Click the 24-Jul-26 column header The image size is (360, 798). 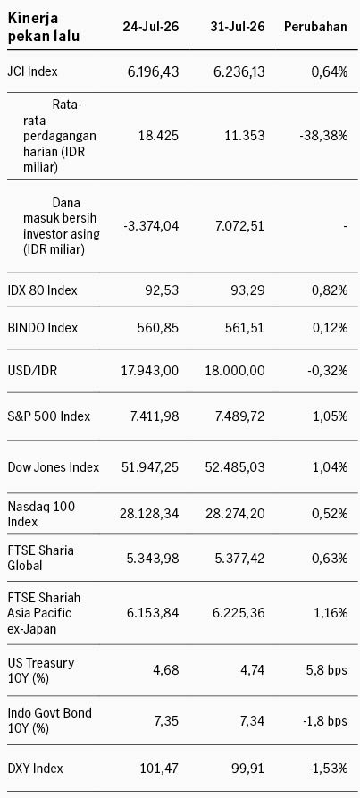point(150,27)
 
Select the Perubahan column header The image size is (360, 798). point(315,27)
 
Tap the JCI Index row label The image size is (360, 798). point(32,71)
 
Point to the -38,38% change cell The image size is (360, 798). point(324,136)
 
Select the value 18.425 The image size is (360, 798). point(159,136)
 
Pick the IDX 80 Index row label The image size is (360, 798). point(43,290)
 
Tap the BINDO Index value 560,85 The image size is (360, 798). point(158,328)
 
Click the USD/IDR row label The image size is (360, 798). point(32,371)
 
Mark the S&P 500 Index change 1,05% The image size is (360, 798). point(330,416)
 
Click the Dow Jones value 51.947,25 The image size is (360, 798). point(149,466)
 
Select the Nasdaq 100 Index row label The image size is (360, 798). point(42,514)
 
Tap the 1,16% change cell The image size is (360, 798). point(330,612)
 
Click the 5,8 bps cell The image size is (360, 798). point(327,669)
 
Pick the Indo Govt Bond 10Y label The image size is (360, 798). point(50,720)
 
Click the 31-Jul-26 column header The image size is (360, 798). point(238,27)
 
